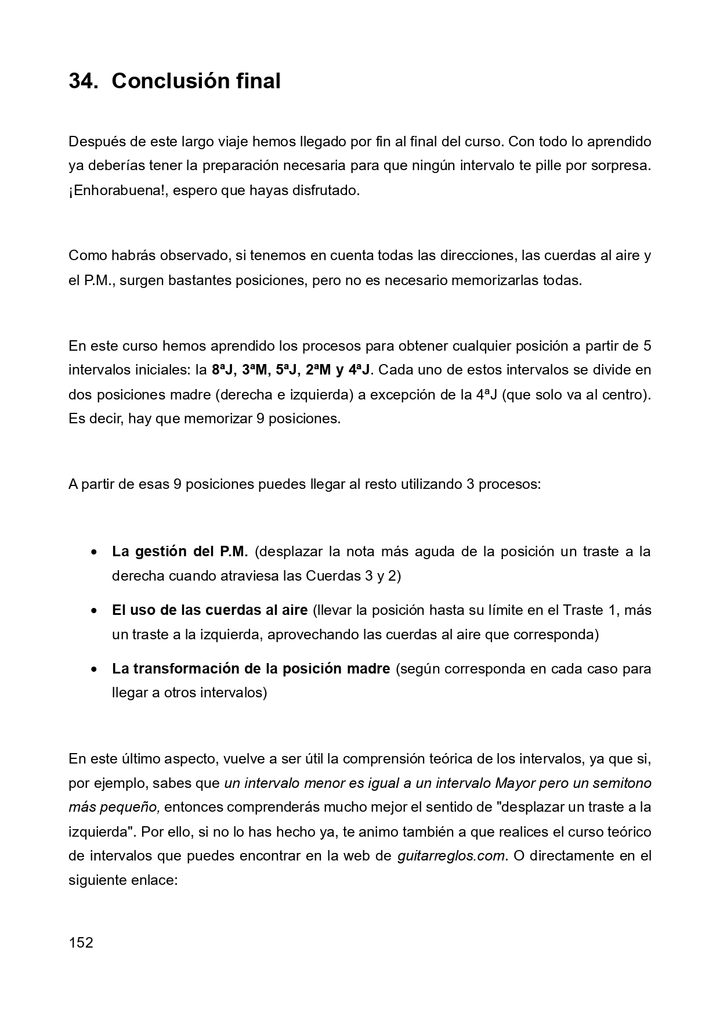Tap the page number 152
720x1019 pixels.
[x=81, y=942]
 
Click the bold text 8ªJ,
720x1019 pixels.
[x=224, y=370]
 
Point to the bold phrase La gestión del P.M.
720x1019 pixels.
[x=180, y=551]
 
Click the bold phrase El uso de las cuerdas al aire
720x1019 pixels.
[x=209, y=610]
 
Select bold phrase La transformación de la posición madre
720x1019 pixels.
[x=251, y=668]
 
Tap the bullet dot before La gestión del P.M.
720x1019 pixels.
[x=93, y=552]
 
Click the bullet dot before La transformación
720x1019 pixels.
[x=93, y=669]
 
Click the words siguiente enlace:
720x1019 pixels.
[x=122, y=880]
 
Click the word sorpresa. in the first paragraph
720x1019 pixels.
[x=621, y=165]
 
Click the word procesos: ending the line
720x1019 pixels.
[x=511, y=484]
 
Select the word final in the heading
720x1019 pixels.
[x=258, y=81]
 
